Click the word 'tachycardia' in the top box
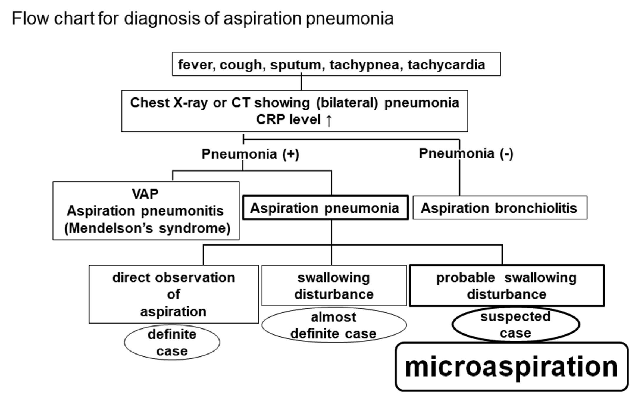click(x=446, y=65)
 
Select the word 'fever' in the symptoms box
click(x=195, y=65)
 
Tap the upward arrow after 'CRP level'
click(x=329, y=120)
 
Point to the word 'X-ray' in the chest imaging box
click(x=190, y=103)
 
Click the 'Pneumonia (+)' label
click(x=250, y=154)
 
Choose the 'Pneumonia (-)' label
click(x=466, y=153)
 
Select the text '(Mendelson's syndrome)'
click(x=147, y=228)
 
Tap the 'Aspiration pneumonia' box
click(x=325, y=208)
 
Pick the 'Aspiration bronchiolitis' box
click(x=500, y=208)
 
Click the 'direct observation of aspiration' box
click(x=173, y=294)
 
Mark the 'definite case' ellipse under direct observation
click(x=172, y=342)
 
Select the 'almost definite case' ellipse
click(x=334, y=325)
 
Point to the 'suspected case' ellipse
click(x=515, y=325)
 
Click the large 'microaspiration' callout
click(x=511, y=367)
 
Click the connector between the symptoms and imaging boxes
click(x=301, y=83)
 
